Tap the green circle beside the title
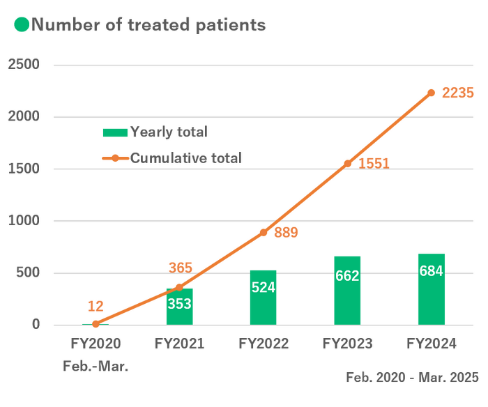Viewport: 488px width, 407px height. pyautogui.click(x=21, y=26)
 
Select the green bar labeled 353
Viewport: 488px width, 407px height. pyautogui.click(x=180, y=306)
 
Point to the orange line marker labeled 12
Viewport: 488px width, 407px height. pyautogui.click(x=96, y=323)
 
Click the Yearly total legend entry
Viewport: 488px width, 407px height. pyautogui.click(x=155, y=132)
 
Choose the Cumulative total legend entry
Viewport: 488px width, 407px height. pyautogui.click(x=171, y=158)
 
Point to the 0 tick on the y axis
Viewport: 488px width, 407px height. pyautogui.click(x=36, y=325)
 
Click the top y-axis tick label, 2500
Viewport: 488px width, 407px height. pyautogui.click(x=24, y=65)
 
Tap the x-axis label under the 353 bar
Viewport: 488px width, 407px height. pyautogui.click(x=179, y=344)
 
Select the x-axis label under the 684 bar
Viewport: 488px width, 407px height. pyautogui.click(x=432, y=344)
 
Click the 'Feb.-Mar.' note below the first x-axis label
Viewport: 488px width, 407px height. pyautogui.click(x=96, y=366)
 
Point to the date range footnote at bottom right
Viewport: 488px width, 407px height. pyautogui.click(x=412, y=378)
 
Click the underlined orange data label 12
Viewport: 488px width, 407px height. pyautogui.click(x=96, y=305)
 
